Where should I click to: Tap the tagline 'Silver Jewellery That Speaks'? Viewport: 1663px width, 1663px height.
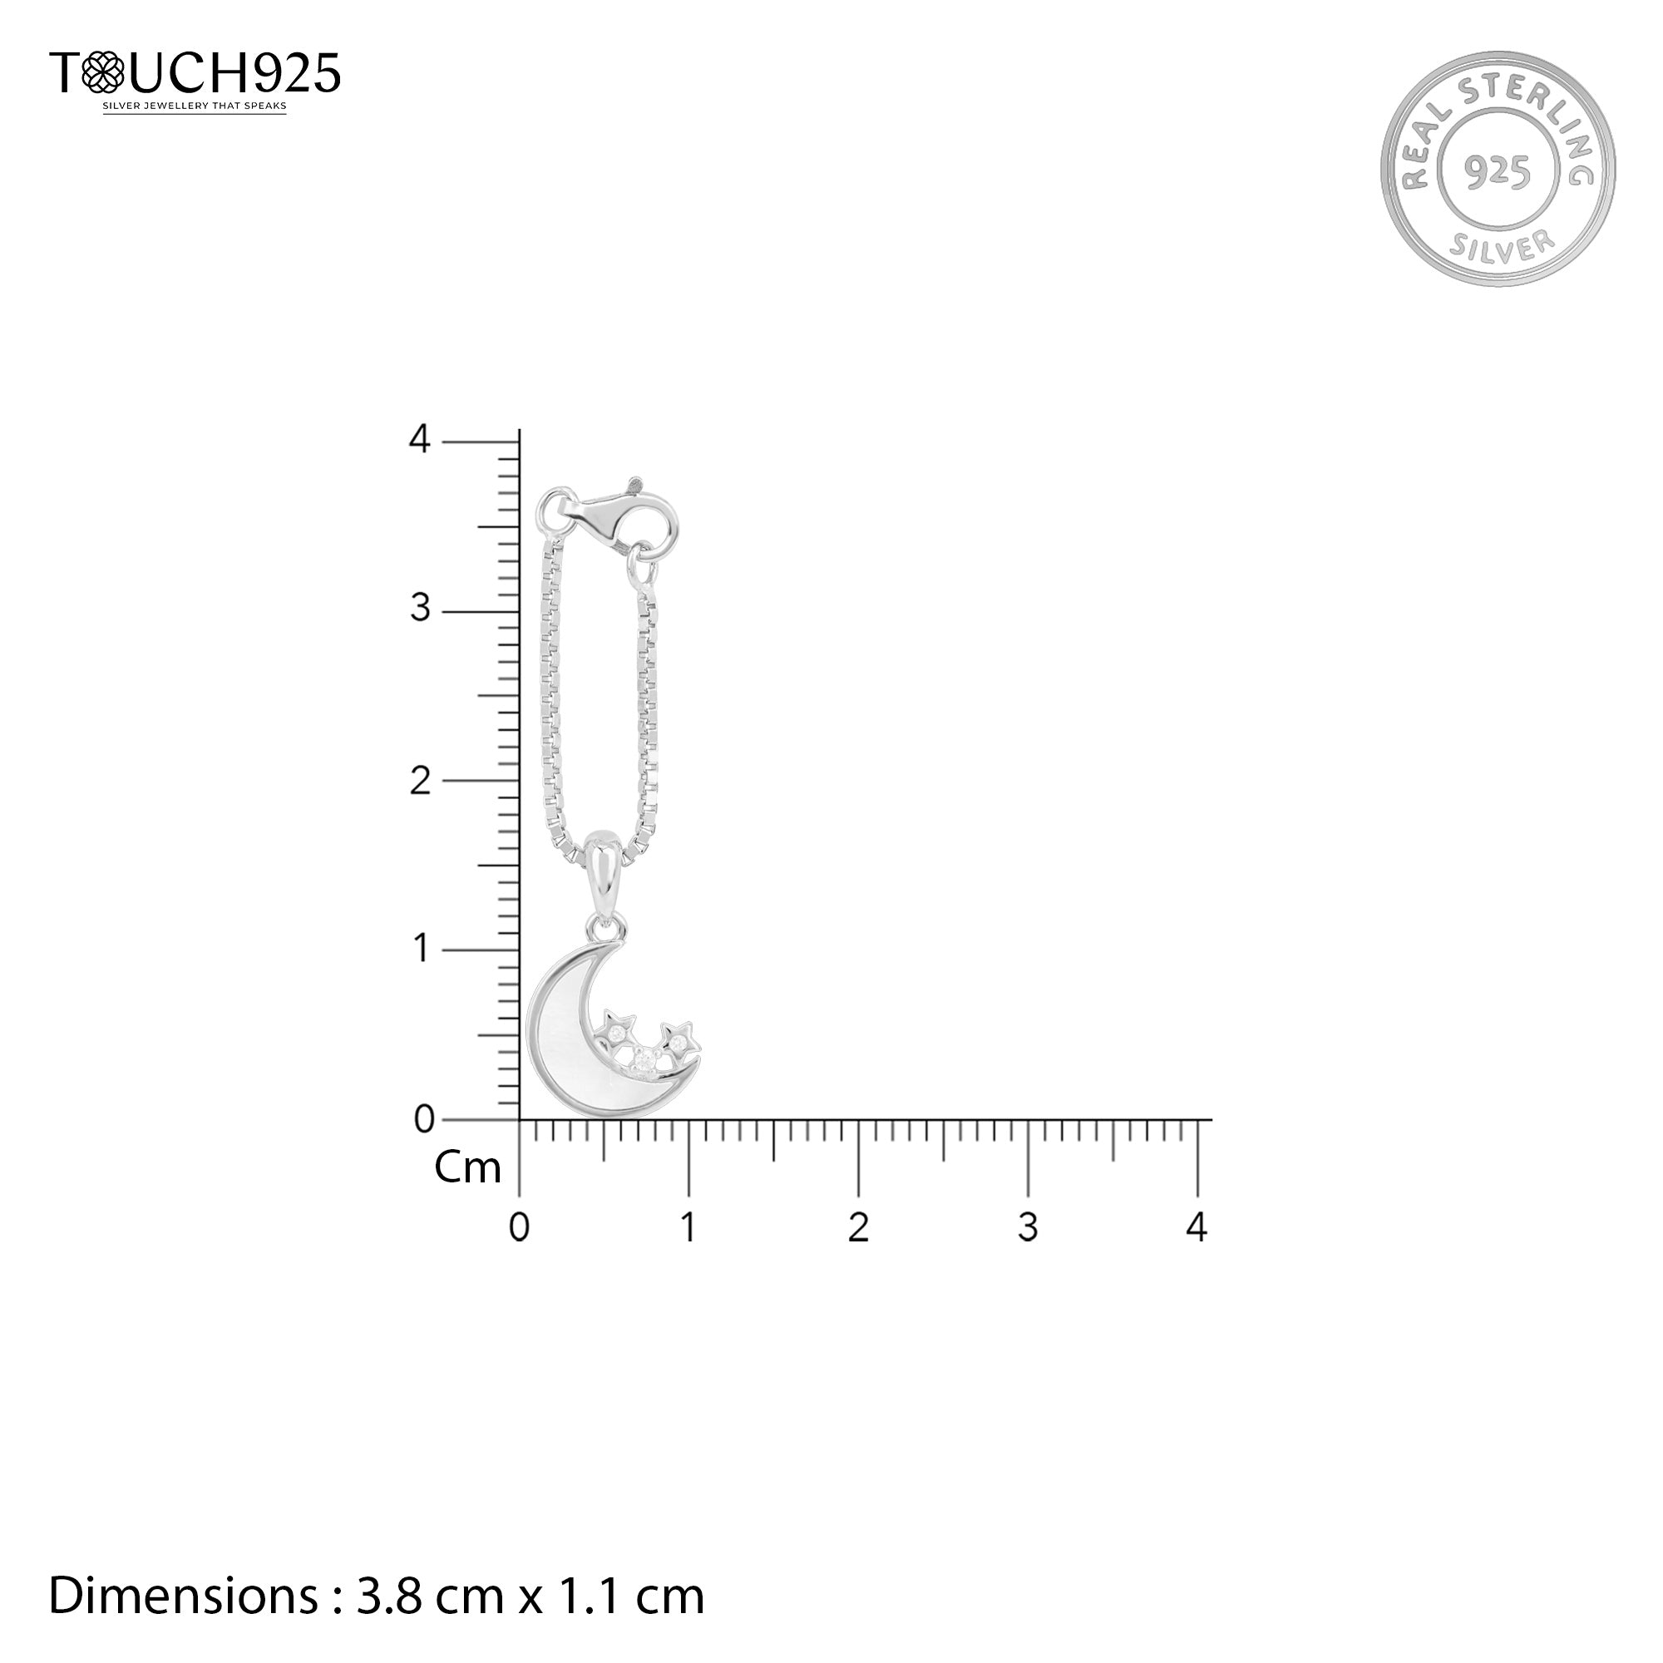195,106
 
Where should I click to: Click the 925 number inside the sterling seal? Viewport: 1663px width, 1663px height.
1498,172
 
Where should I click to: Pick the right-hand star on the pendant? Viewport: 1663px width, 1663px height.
679,1042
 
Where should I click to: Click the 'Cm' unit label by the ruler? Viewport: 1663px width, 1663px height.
467,1168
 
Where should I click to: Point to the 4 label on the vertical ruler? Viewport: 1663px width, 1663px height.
419,440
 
